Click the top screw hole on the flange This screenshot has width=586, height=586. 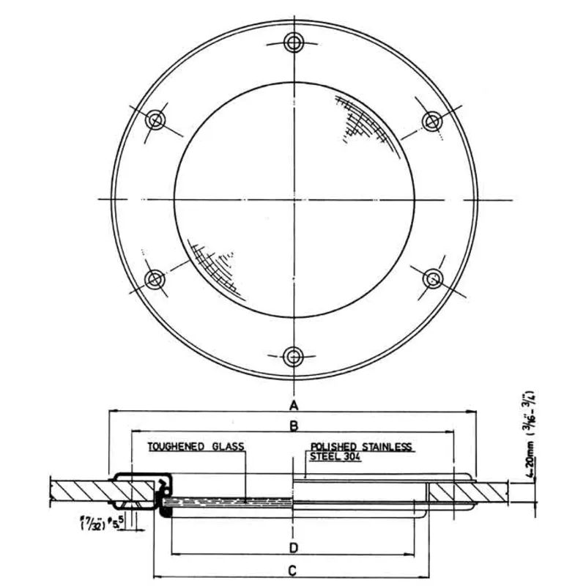pyautogui.click(x=294, y=41)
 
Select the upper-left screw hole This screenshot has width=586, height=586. pyautogui.click(x=156, y=119)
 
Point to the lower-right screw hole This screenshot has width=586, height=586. pyautogui.click(x=434, y=278)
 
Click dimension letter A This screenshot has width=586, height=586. pyautogui.click(x=293, y=405)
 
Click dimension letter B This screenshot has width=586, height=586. pyautogui.click(x=293, y=426)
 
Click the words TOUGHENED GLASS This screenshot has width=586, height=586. pyautogui.click(x=195, y=446)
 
